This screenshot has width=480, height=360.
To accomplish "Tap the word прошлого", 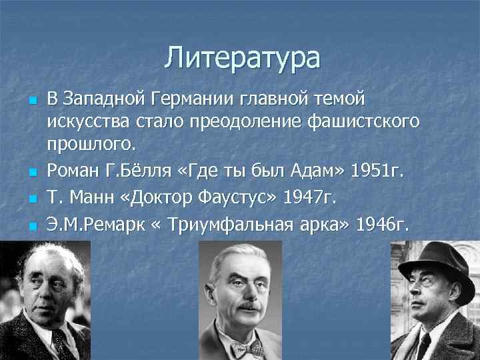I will point(91,143).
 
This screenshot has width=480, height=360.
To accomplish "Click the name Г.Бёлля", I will point(145,171).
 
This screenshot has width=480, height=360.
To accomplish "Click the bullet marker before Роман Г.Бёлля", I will point(33,172).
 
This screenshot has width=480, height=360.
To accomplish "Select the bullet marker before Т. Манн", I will point(33,199).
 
